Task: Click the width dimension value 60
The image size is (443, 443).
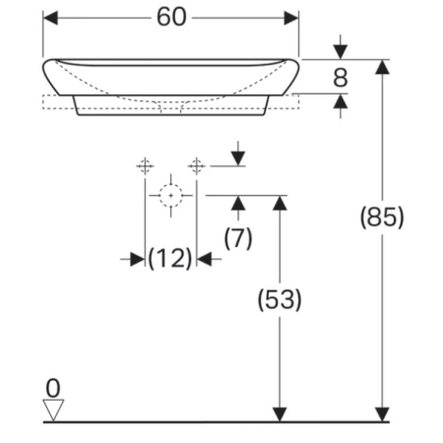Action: [171, 17]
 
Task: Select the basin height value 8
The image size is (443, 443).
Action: [341, 78]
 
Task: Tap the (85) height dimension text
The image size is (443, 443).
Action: [382, 218]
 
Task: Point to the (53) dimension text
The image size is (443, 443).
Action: [280, 299]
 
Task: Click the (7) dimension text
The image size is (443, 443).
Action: [238, 238]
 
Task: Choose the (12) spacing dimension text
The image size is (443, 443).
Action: [170, 259]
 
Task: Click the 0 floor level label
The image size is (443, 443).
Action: [53, 388]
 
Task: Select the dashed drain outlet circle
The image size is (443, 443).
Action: [170, 196]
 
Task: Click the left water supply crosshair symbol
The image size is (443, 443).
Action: [145, 166]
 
